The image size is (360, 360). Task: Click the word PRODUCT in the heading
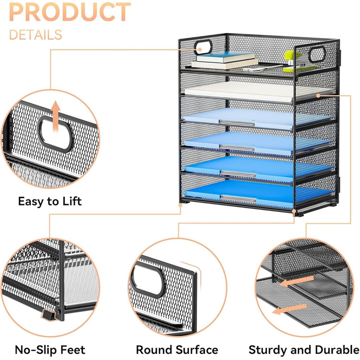[70, 12]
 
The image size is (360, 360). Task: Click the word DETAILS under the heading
[35, 35]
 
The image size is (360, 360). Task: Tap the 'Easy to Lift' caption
[50, 202]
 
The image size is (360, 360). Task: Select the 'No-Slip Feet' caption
[50, 350]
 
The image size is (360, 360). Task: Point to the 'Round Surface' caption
[177, 350]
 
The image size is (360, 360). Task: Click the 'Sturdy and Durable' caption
[304, 350]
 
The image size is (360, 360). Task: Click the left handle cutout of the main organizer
[203, 47]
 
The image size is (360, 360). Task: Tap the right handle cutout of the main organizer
[317, 54]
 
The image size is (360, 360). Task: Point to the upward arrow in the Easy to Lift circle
[56, 117]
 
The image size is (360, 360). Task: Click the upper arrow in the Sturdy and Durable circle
[297, 281]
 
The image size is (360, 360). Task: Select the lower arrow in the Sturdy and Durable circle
[289, 309]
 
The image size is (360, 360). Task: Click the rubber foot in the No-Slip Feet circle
[48, 315]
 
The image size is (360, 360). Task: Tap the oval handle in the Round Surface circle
[148, 280]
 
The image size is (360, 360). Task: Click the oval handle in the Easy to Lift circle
[56, 134]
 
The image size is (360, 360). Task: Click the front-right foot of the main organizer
[299, 214]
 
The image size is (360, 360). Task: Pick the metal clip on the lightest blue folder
[237, 123]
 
